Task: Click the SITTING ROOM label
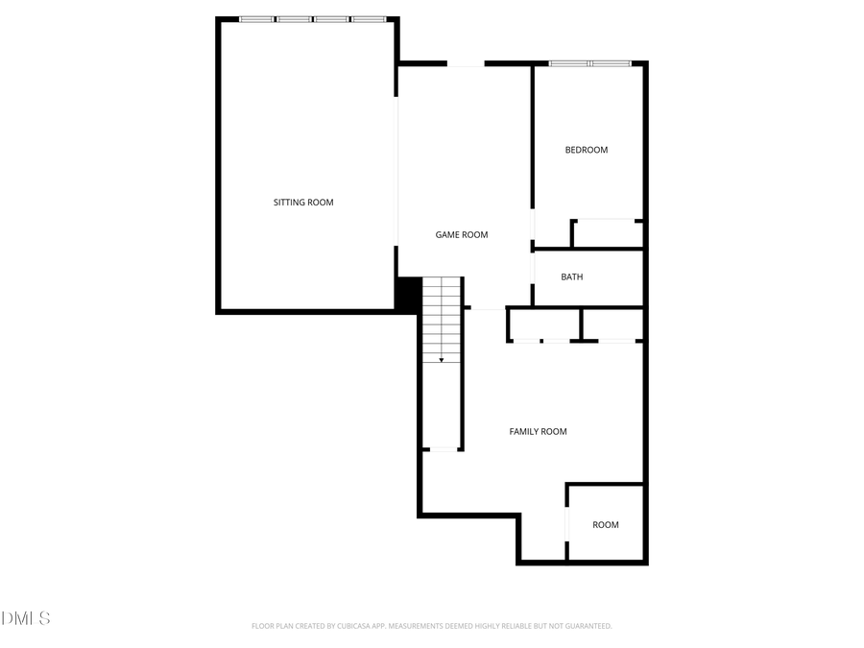tap(303, 203)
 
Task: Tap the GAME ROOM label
tap(462, 234)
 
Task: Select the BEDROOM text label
tap(586, 150)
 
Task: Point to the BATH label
tap(572, 276)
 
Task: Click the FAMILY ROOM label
tap(538, 432)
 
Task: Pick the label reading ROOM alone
tap(605, 524)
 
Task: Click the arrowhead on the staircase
tap(442, 360)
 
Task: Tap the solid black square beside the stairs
tap(408, 294)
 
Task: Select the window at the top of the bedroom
tap(589, 63)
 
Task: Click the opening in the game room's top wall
tap(466, 64)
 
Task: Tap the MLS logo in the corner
tap(26, 617)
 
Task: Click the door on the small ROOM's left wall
tap(568, 523)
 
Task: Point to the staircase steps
tap(442, 317)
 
